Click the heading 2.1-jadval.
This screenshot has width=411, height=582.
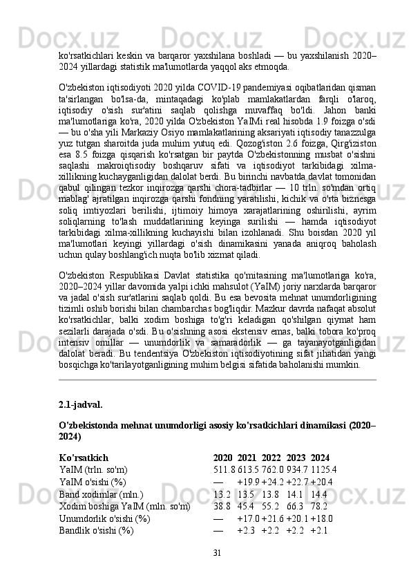[82, 404]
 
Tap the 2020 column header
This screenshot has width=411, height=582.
[222, 458]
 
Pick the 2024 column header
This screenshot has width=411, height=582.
[320, 458]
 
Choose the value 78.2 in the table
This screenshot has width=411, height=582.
[320, 507]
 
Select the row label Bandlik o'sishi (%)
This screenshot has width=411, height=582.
[97, 532]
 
